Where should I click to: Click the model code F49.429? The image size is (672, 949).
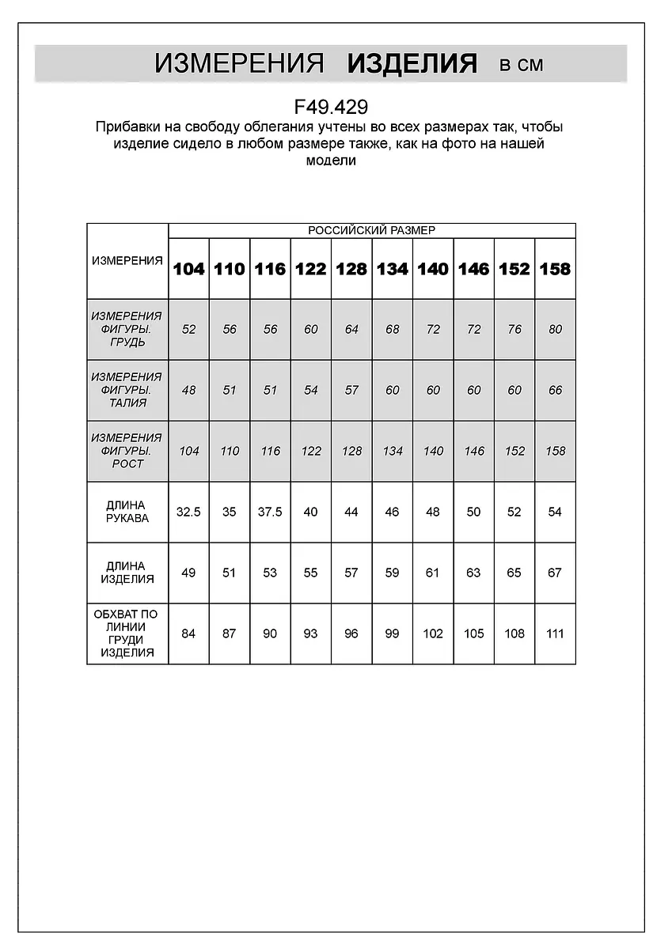331,107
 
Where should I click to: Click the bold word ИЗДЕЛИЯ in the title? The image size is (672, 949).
412,64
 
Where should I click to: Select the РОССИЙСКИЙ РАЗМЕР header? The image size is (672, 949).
371,230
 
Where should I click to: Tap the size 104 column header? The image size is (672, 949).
188,269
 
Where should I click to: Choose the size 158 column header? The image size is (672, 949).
555,269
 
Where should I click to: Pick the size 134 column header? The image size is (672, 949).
392,269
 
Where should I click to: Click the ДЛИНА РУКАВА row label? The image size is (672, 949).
127,512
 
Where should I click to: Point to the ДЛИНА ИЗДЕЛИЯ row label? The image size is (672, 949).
127,573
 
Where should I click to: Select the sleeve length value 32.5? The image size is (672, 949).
188,512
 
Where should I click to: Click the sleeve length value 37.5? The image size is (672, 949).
270,512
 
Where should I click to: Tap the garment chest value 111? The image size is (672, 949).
555,633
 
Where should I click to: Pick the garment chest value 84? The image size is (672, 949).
188,633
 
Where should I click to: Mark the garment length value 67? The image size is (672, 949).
555,573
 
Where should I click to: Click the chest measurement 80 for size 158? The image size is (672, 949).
555,330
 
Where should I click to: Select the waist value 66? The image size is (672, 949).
555,390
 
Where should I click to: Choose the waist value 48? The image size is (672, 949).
188,390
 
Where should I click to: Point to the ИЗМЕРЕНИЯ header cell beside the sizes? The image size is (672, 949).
127,261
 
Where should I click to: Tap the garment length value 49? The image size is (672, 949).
188,573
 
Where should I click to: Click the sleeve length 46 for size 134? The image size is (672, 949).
392,512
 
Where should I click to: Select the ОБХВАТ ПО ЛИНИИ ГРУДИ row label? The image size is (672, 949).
127,633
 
